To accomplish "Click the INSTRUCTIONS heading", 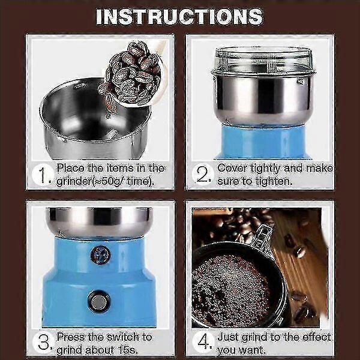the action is (179, 17).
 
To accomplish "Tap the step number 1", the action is (43, 175).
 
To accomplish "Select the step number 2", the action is (202, 175).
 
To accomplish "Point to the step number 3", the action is (43, 343).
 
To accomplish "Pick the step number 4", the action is (203, 343).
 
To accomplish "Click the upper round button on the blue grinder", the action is (100, 255).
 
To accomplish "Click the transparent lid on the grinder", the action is (263, 61).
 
